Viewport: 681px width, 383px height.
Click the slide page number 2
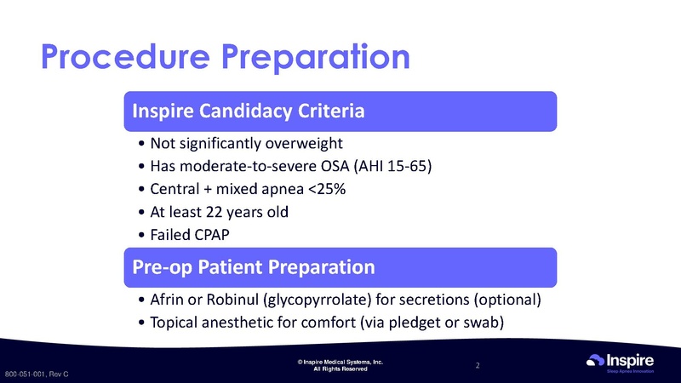478,366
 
